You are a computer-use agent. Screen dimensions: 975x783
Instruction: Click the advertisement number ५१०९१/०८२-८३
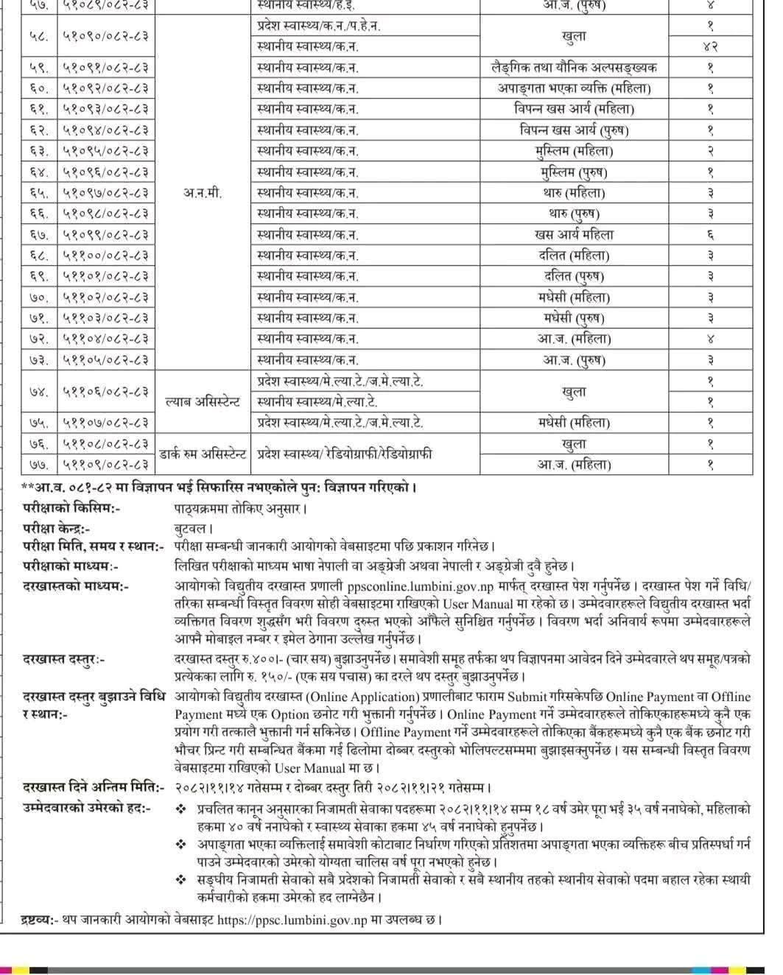[105, 68]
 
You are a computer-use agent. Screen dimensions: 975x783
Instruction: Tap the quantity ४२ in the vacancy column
[710, 46]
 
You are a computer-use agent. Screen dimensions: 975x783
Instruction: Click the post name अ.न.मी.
[202, 193]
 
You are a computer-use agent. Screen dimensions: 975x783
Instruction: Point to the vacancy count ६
[710, 235]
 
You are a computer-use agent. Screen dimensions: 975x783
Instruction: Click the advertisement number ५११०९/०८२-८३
[105, 465]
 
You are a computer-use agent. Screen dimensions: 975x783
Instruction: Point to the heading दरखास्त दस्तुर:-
[63, 659]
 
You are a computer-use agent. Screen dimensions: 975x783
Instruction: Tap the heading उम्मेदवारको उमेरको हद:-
[86, 809]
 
